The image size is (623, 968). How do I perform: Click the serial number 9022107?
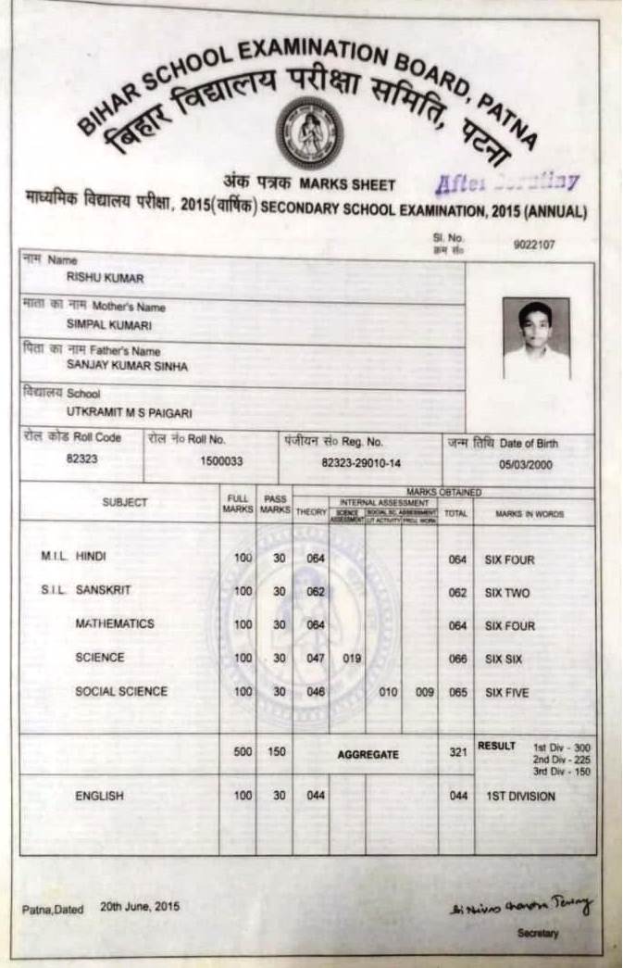tap(532, 245)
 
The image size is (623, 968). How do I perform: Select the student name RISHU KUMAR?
tap(105, 278)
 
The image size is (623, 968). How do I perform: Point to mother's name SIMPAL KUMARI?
tap(109, 325)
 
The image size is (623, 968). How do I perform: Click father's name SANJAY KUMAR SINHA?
tap(127, 367)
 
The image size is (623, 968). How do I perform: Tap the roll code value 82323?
tap(81, 459)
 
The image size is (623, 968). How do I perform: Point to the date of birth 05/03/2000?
tap(525, 464)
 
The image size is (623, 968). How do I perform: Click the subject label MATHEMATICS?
tap(115, 624)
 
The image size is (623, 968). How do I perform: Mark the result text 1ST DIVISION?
tap(520, 796)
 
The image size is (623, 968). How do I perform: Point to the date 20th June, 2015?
tap(141, 908)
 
